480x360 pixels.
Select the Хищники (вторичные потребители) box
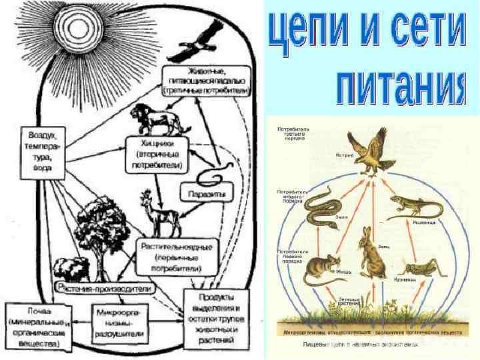point(157,153)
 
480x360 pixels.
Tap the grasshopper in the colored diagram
point(419,270)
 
